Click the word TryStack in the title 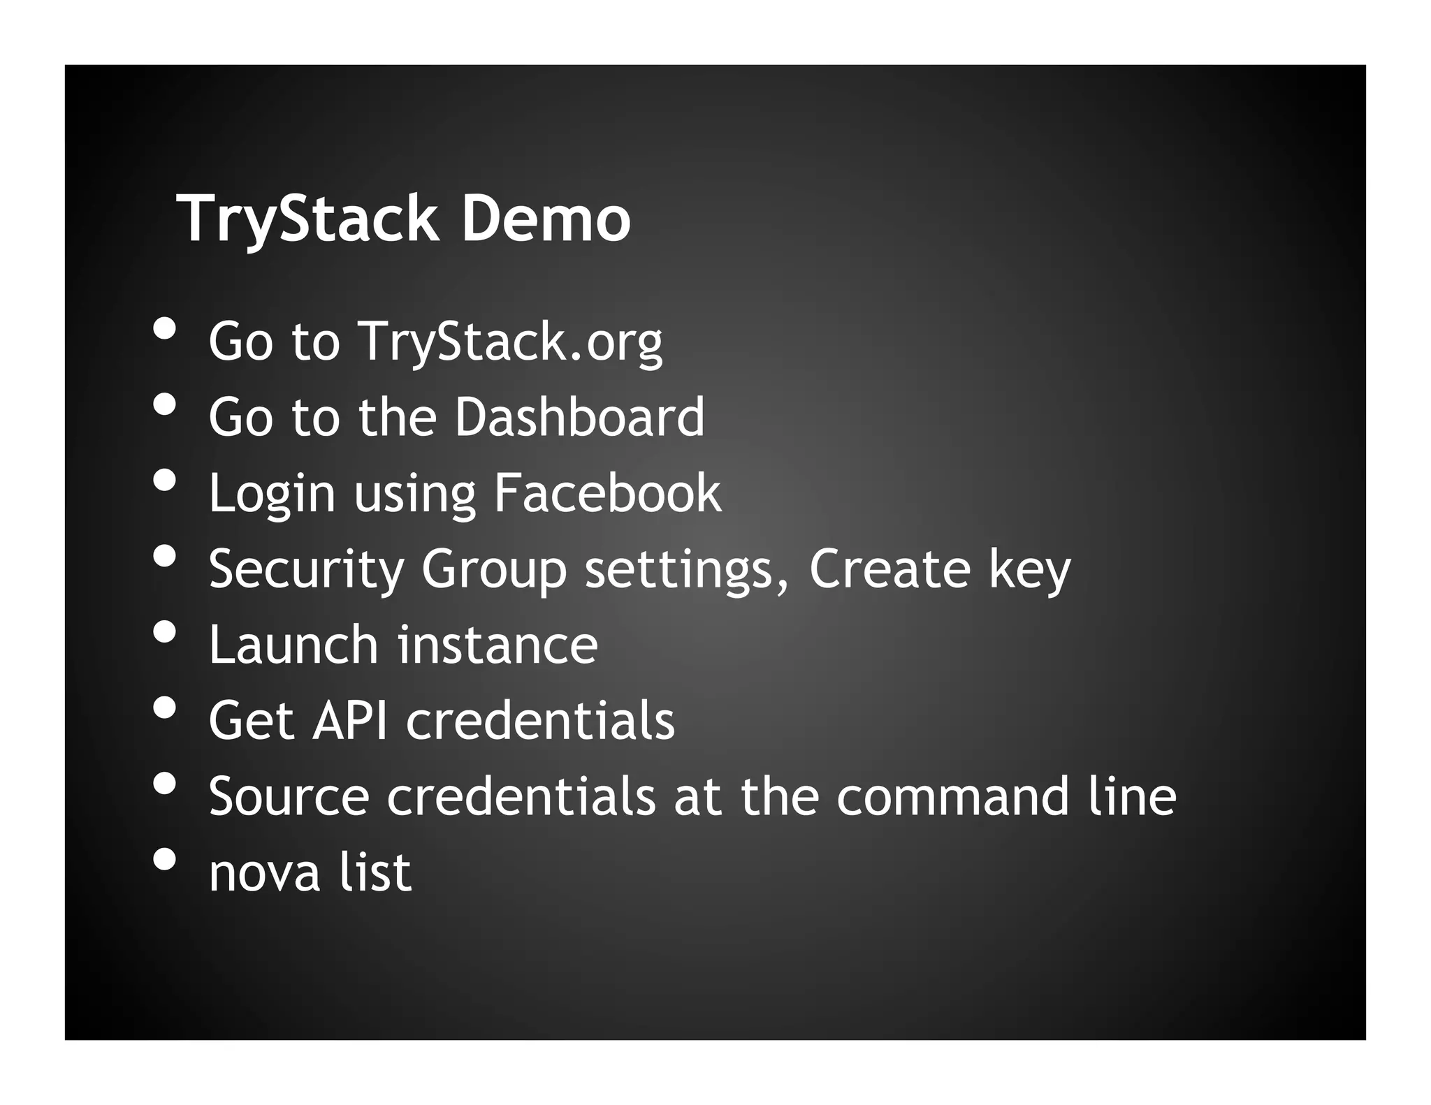tap(307, 220)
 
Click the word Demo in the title tap(546, 220)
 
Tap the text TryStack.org tap(510, 342)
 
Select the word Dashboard tap(579, 417)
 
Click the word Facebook tap(607, 493)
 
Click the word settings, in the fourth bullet tap(687, 569)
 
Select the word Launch tap(293, 645)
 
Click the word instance tap(497, 645)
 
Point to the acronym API tap(349, 720)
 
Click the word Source tap(289, 796)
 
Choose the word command tap(952, 796)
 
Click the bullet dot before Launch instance tap(165, 631)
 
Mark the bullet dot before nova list tap(165, 859)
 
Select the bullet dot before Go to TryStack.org tap(165, 328)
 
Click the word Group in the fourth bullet tap(493, 569)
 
